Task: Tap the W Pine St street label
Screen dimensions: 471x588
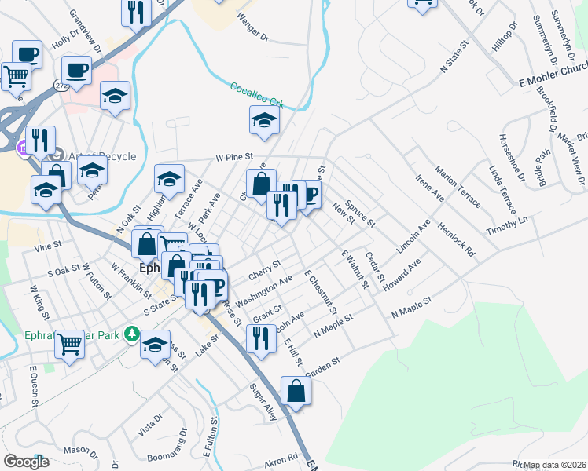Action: coord(237,157)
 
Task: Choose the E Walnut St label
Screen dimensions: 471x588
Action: coord(355,269)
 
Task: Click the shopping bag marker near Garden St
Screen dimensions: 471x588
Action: coord(296,392)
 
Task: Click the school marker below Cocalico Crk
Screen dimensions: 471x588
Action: coord(265,120)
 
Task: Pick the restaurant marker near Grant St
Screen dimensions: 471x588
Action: coord(259,338)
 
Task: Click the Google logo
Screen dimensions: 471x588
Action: coord(26,462)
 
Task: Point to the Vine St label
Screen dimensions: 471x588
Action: coord(48,246)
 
